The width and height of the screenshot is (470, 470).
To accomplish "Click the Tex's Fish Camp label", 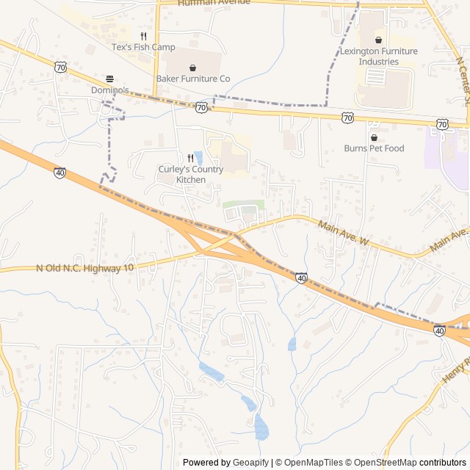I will pos(143,48).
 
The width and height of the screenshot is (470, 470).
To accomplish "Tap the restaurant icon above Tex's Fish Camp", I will pos(143,36).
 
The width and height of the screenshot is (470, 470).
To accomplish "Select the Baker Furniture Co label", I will pos(192,78).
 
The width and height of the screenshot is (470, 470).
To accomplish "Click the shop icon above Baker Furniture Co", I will pos(192,67).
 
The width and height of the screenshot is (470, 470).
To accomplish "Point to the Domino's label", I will pos(110,90).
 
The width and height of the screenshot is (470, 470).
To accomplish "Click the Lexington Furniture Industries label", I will pos(379,57).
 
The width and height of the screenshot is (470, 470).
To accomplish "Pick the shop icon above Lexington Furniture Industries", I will pos(378,40).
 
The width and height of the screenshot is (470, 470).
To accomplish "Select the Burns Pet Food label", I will pos(374,148).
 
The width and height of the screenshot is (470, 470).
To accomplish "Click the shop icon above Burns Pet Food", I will pos(374,137).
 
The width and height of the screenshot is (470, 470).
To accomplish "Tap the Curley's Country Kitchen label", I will pos(191,174).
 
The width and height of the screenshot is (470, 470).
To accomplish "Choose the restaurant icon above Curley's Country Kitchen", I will pos(191,158).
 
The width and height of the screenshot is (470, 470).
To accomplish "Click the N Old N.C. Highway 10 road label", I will pos(85,268).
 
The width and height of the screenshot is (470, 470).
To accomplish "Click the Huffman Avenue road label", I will pos(214,3).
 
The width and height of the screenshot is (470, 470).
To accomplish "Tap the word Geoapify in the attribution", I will pos(250,463).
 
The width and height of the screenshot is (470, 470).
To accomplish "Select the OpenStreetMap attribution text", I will pos(382,463).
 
